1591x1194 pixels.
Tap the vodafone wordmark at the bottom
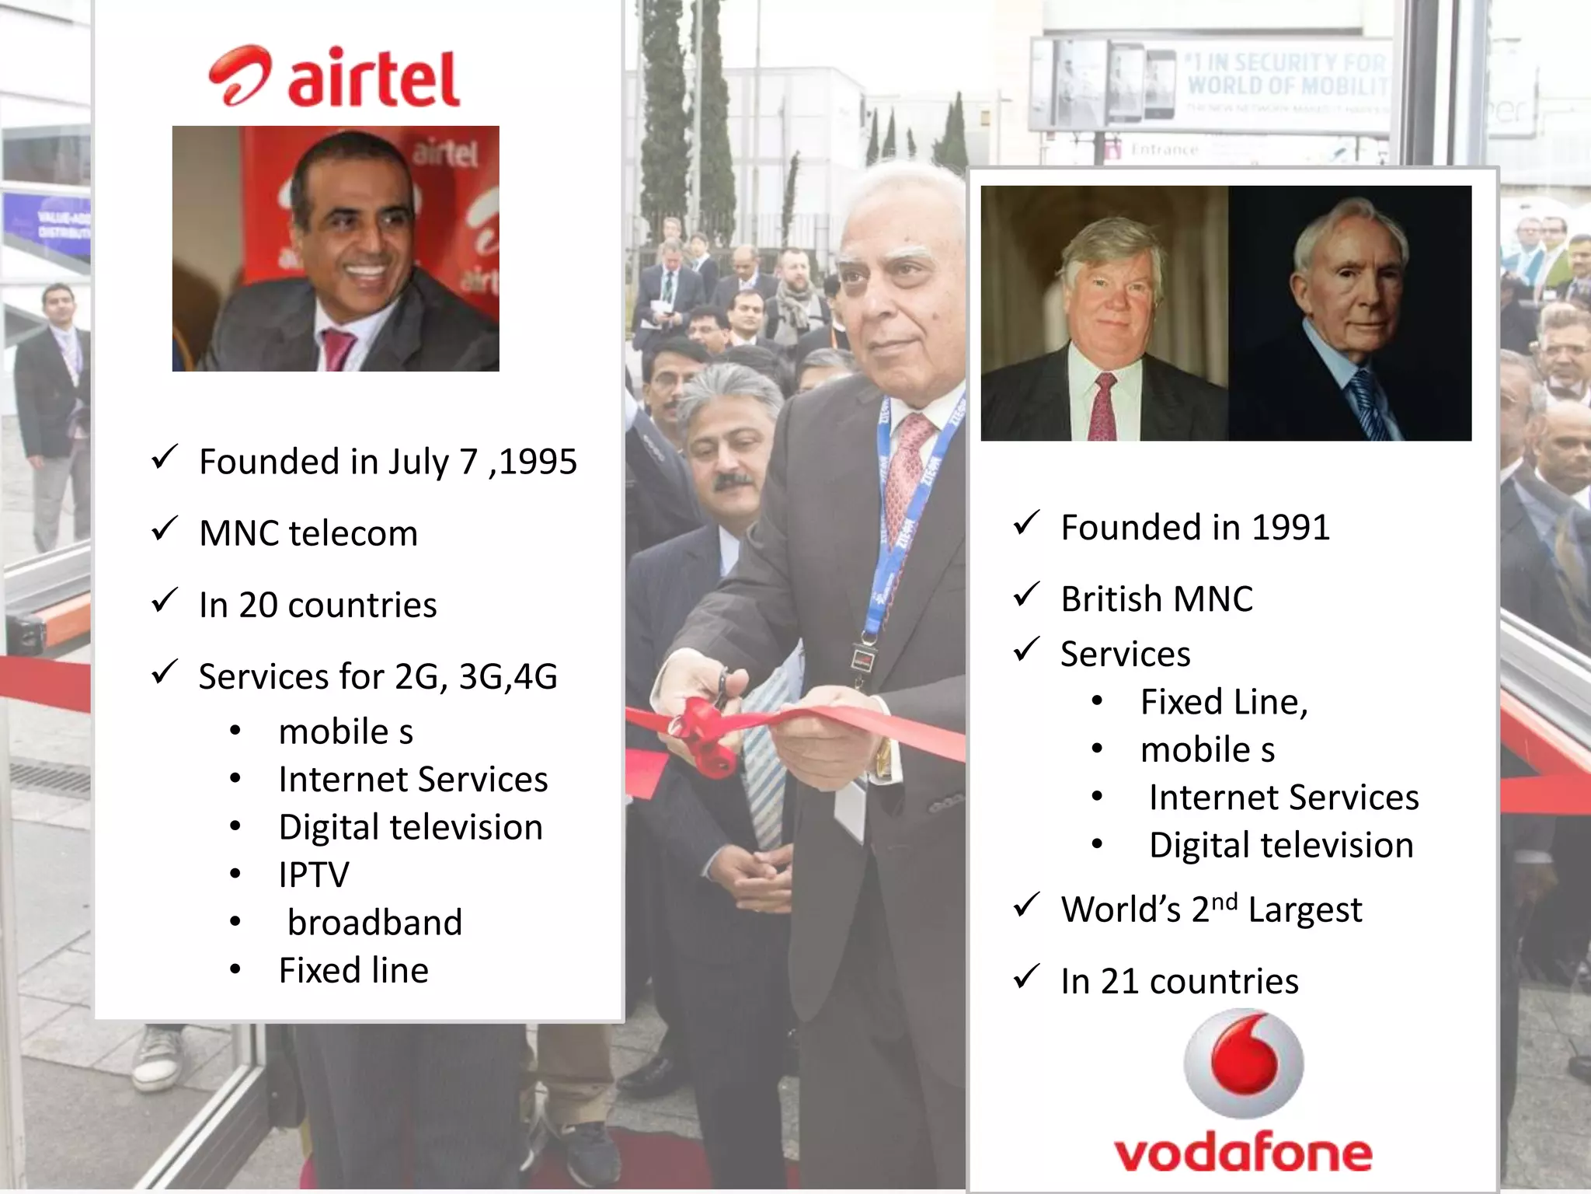[1243, 1153]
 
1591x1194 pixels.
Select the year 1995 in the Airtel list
[538, 462]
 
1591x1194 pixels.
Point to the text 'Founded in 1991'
[1195, 528]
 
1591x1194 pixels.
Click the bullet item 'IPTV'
[314, 875]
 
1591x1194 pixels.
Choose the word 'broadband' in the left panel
[374, 923]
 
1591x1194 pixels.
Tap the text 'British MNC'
[1157, 599]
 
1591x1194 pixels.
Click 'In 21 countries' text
[1179, 981]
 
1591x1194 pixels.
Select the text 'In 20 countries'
[318, 606]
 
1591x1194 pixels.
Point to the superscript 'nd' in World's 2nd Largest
[1224, 902]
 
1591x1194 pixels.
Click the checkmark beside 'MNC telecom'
[165, 529]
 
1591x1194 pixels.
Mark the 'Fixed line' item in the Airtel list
[353, 971]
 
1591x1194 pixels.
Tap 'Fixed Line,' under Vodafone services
[1224, 702]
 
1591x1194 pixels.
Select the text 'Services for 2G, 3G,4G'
[378, 676]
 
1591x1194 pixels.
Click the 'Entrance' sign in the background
[1164, 149]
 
